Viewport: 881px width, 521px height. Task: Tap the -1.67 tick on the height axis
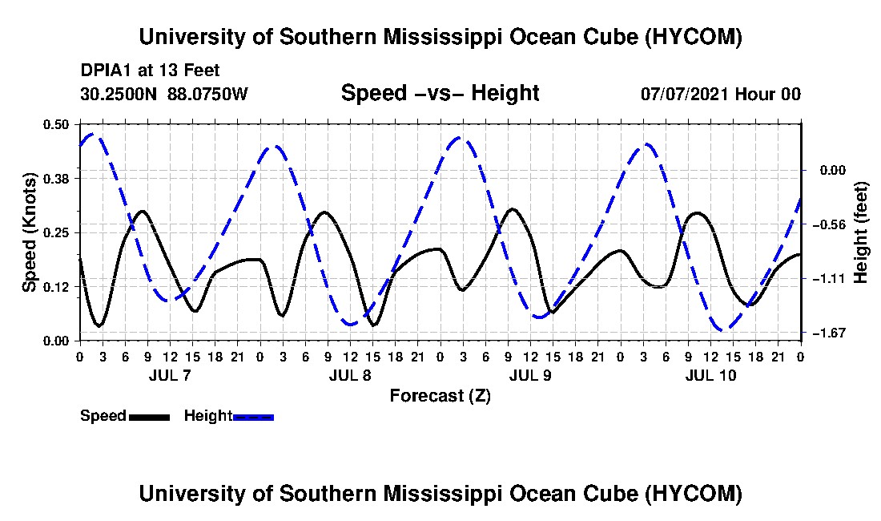[x=832, y=333]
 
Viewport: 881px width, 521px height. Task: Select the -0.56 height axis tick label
[x=832, y=224]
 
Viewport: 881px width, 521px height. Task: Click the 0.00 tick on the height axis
[x=833, y=170]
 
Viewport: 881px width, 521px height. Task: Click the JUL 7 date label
[x=170, y=375]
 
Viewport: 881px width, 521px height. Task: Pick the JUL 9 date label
[x=530, y=375]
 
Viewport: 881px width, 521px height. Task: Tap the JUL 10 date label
[x=710, y=375]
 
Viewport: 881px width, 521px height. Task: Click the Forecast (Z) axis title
[x=440, y=396]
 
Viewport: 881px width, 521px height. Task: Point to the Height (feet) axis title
[x=860, y=232]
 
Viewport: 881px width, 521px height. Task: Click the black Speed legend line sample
[x=150, y=417]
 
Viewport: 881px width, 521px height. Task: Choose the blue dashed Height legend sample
[x=253, y=417]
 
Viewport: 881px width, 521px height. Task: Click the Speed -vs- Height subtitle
[x=440, y=93]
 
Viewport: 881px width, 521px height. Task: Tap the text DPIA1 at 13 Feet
[x=150, y=71]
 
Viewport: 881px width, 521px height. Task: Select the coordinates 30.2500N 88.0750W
[x=164, y=93]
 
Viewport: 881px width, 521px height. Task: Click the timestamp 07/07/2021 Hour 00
[x=721, y=94]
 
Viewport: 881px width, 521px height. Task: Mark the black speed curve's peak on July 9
[x=512, y=208]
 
